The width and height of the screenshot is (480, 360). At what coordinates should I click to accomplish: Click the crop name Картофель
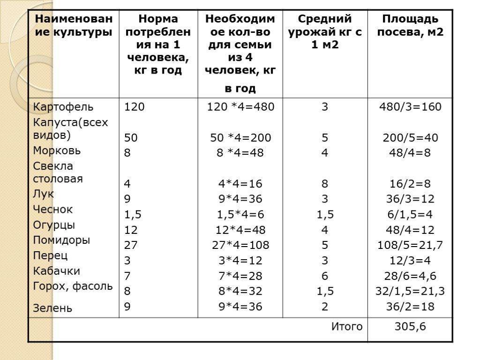(x=63, y=107)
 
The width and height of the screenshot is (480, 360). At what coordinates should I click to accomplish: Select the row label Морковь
(x=57, y=151)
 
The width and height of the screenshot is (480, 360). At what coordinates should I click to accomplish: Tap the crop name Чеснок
(x=53, y=210)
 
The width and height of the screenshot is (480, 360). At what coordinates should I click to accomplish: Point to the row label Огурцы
(x=54, y=225)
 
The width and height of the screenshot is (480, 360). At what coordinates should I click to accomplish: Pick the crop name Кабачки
(x=56, y=271)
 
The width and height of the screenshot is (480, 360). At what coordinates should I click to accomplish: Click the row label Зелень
(x=52, y=308)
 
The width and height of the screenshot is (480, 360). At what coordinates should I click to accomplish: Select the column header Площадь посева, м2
(x=410, y=26)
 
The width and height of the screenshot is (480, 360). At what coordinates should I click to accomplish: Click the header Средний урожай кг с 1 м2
(x=325, y=32)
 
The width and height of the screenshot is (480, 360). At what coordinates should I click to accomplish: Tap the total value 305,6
(x=410, y=327)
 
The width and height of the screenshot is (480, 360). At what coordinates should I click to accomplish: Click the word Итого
(x=347, y=327)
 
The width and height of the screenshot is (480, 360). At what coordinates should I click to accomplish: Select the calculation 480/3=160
(x=410, y=107)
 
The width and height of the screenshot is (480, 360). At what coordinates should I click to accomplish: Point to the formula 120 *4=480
(x=241, y=107)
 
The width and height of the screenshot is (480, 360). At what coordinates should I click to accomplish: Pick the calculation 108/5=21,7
(x=410, y=245)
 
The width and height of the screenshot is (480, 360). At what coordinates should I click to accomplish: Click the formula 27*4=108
(x=241, y=245)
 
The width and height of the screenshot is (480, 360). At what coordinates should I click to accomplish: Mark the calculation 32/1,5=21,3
(x=410, y=291)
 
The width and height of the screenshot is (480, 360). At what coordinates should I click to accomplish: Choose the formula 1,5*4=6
(x=241, y=214)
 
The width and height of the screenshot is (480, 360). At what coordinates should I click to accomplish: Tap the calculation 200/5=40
(x=410, y=138)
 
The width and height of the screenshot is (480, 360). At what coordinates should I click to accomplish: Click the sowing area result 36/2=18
(x=410, y=307)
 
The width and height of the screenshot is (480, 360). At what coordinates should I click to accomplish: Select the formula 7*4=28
(x=241, y=276)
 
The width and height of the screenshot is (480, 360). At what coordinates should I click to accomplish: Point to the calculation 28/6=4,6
(x=410, y=276)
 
